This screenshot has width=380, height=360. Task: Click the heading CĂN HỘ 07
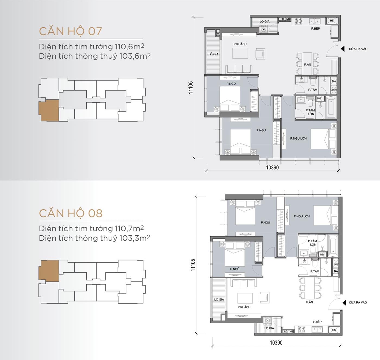coord(70,31)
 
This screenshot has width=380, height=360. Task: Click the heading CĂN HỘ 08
coord(71,213)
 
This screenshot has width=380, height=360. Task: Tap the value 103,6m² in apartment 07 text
coord(135,56)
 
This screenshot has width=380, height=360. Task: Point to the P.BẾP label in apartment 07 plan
coord(315,29)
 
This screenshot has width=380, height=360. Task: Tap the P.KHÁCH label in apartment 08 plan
coord(244,307)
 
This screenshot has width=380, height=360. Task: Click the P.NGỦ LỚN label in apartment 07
coord(298,138)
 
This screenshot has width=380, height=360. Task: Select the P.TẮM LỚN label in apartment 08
coord(312,243)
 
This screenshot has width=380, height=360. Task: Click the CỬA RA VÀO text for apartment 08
coord(358,302)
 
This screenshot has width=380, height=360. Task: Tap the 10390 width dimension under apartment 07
coord(272,168)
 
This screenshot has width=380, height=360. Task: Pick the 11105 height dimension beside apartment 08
coord(193,265)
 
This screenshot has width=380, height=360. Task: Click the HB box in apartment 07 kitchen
coord(332,21)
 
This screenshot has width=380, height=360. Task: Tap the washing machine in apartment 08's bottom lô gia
coord(268,321)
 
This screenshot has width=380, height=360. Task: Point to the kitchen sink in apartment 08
coord(318,329)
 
